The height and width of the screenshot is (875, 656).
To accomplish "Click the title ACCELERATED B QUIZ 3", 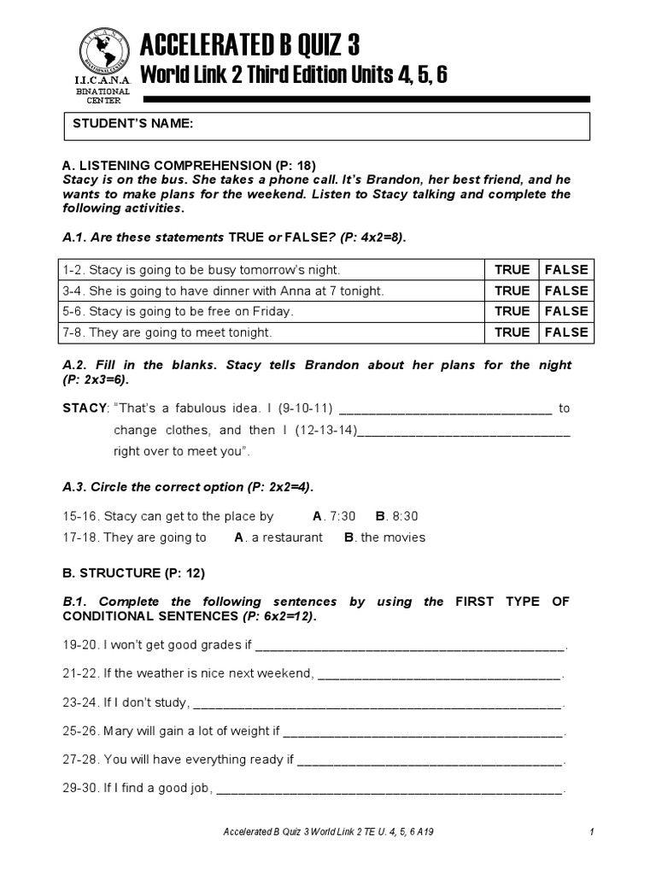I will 249,44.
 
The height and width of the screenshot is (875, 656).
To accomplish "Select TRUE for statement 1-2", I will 512,270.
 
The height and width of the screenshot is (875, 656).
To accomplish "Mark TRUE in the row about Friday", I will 512,311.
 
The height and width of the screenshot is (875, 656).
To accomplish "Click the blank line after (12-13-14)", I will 463,432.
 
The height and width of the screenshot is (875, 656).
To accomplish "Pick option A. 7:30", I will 334,516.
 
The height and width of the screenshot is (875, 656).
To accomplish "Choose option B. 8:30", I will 396,516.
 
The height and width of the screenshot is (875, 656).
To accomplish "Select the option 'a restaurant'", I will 286,537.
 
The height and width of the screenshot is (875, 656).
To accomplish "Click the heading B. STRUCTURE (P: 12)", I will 134,573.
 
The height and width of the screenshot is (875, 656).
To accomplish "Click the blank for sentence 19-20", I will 410,647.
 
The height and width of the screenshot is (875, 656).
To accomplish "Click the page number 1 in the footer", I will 591,831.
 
